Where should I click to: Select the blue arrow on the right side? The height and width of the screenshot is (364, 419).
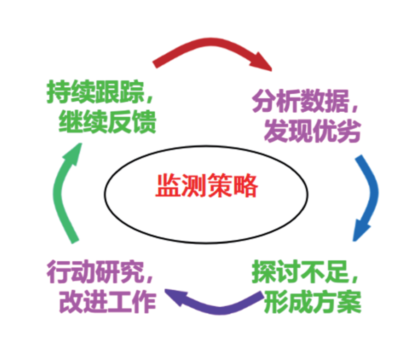click(374, 192)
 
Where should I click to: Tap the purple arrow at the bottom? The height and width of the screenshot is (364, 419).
click(219, 310)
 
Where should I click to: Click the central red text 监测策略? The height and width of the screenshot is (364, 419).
click(207, 185)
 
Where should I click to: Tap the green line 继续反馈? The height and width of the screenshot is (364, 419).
click(107, 122)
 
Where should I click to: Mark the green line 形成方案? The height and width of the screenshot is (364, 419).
click(313, 302)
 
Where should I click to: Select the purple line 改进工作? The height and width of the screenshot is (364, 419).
click(107, 302)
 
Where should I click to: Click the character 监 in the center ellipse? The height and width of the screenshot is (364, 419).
click(167, 185)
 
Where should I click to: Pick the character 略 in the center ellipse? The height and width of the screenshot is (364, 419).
click(246, 185)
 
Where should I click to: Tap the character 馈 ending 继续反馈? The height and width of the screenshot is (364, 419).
click(145, 122)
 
